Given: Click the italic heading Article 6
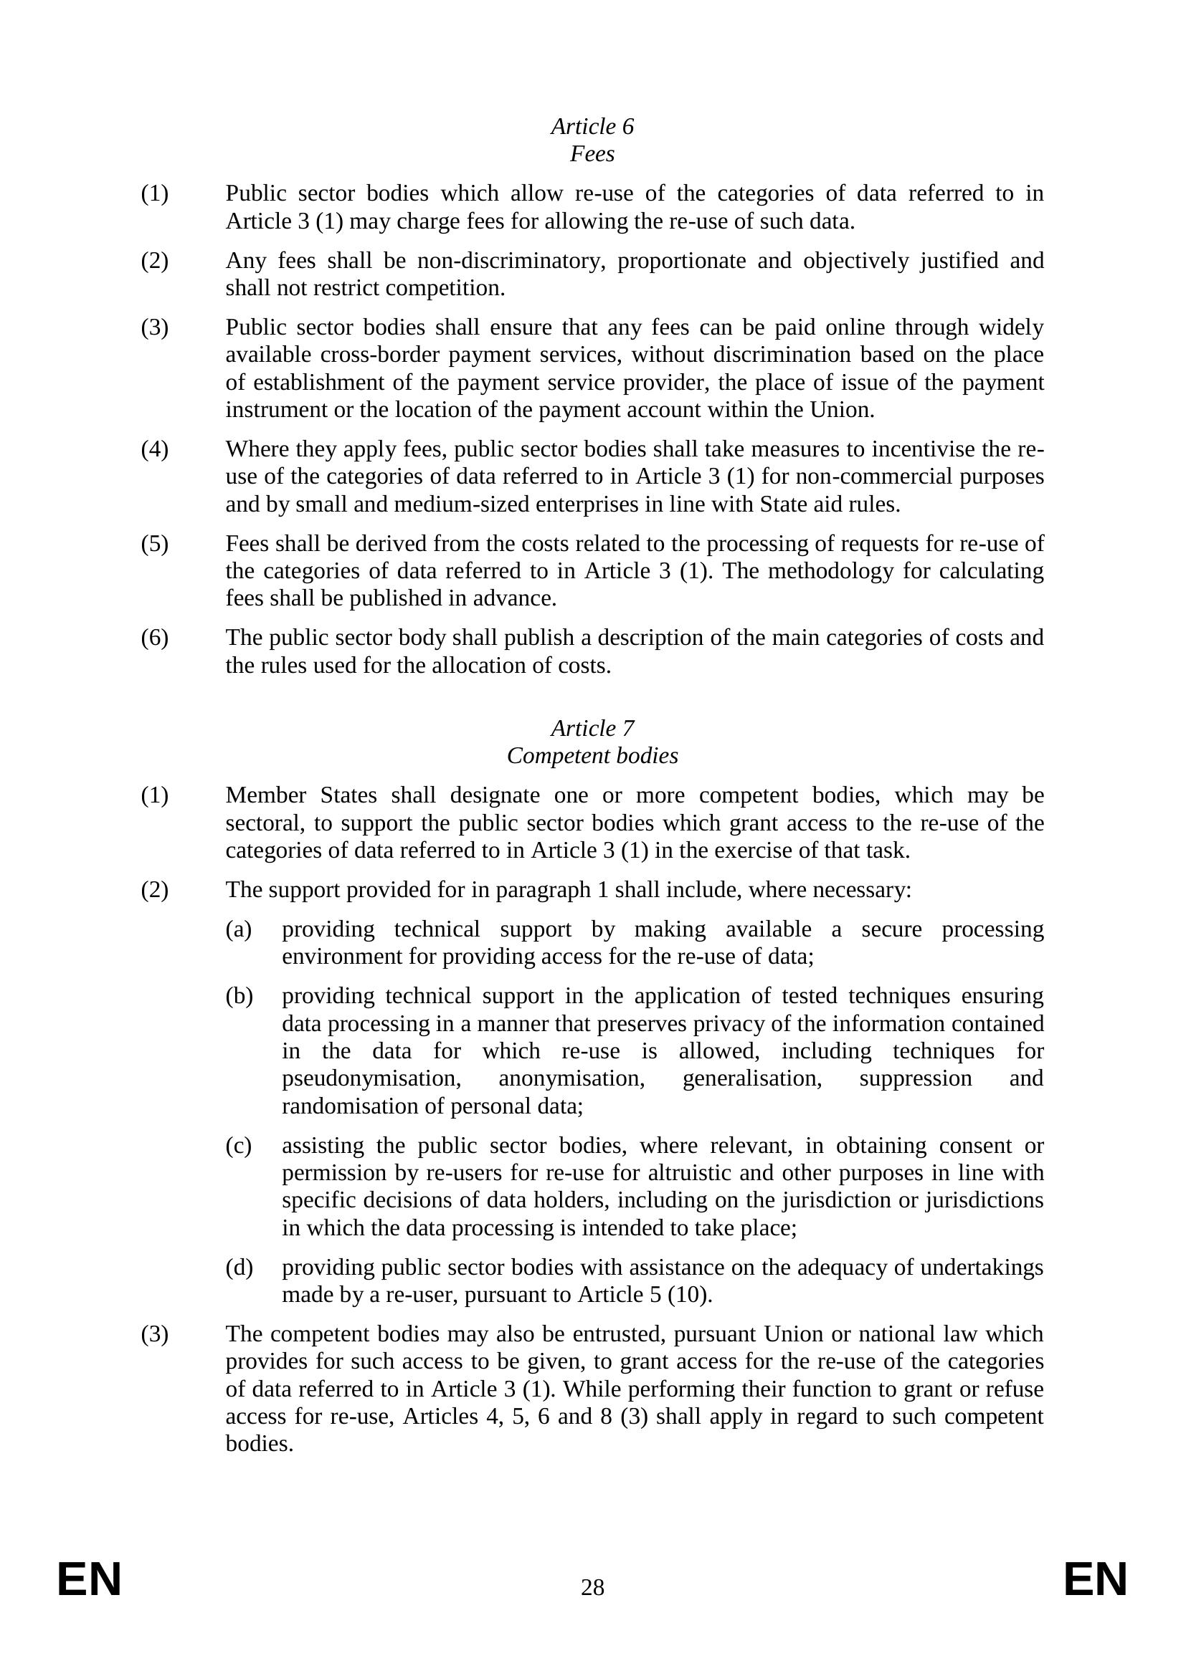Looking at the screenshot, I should (x=592, y=126).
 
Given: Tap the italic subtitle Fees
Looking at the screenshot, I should (x=592, y=154).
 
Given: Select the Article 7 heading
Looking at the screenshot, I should (x=592, y=728).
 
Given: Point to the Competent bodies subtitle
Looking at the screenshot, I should (x=592, y=755).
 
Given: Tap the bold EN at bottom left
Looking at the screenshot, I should (x=89, y=1581).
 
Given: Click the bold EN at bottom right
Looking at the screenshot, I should (x=1096, y=1581).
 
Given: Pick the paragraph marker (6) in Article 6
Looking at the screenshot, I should (x=155, y=638).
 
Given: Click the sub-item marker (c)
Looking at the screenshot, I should (x=239, y=1146).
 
